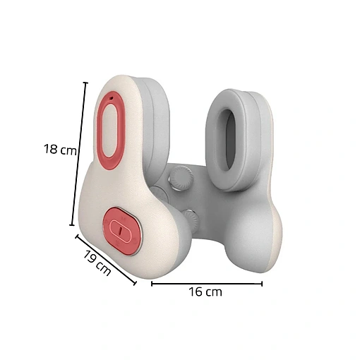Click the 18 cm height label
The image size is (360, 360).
click(60, 149)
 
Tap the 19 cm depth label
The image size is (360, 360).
click(97, 263)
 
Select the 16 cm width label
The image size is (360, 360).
click(205, 292)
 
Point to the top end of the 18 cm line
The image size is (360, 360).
click(86, 83)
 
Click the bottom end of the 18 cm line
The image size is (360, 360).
click(72, 225)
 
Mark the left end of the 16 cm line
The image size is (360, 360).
click(152, 284)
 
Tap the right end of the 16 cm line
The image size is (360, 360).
click(262, 284)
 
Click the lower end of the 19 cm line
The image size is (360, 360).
click(135, 283)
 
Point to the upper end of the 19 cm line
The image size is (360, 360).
click(76, 236)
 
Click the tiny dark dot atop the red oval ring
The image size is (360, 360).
click(112, 98)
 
